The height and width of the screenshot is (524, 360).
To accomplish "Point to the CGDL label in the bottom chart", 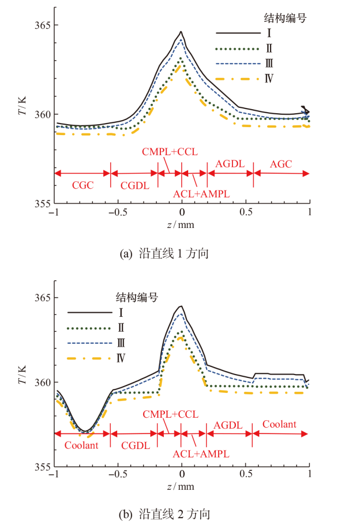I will click(x=136, y=445).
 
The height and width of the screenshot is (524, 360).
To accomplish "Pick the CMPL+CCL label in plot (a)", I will click(x=170, y=151).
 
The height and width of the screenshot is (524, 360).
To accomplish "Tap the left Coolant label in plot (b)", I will click(x=81, y=445).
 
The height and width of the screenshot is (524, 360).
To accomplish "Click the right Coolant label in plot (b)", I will click(x=280, y=424).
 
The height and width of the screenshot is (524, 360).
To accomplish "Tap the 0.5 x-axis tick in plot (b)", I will click(x=246, y=475).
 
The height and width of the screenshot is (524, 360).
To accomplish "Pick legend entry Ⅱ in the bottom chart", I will click(x=121, y=328).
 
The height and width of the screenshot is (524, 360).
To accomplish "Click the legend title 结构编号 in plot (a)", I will click(x=284, y=19).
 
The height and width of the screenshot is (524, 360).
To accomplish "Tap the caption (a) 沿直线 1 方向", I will click(x=164, y=254).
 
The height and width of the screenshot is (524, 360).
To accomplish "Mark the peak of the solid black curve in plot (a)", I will click(x=181, y=32).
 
